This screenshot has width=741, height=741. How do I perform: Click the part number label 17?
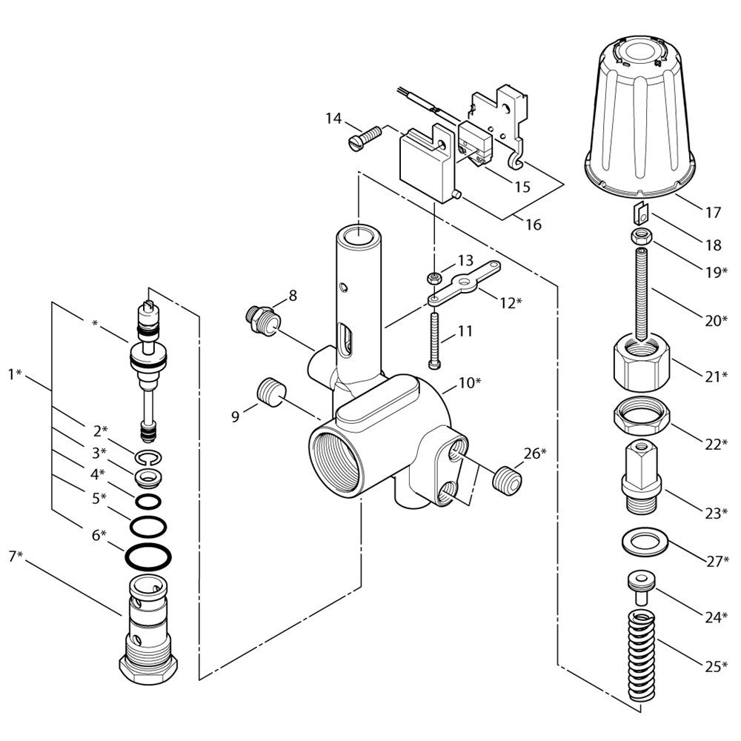click(712, 213)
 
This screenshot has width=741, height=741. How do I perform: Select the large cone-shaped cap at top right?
click(642, 119)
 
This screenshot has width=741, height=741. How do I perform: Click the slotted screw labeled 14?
click(363, 138)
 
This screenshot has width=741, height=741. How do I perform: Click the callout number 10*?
click(468, 383)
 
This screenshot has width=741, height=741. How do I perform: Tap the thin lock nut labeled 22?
click(642, 417)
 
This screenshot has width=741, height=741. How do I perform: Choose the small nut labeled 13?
click(433, 279)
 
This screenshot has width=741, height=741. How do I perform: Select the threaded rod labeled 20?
click(642, 293)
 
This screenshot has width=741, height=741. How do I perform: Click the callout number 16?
click(533, 224)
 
